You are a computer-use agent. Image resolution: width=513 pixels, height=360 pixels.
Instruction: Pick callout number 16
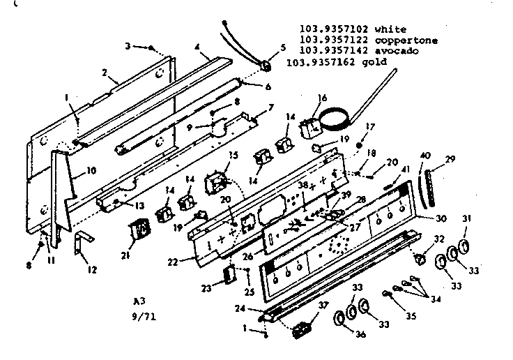[x=323, y=98]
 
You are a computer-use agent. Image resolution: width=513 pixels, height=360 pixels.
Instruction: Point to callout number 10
[x=91, y=170]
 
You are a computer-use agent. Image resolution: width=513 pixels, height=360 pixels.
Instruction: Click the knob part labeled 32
[x=420, y=260]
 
